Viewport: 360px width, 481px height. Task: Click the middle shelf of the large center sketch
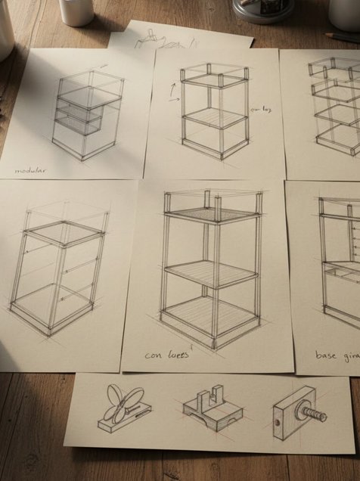click(x=209, y=273)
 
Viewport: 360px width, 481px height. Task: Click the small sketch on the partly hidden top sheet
click(x=152, y=38)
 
